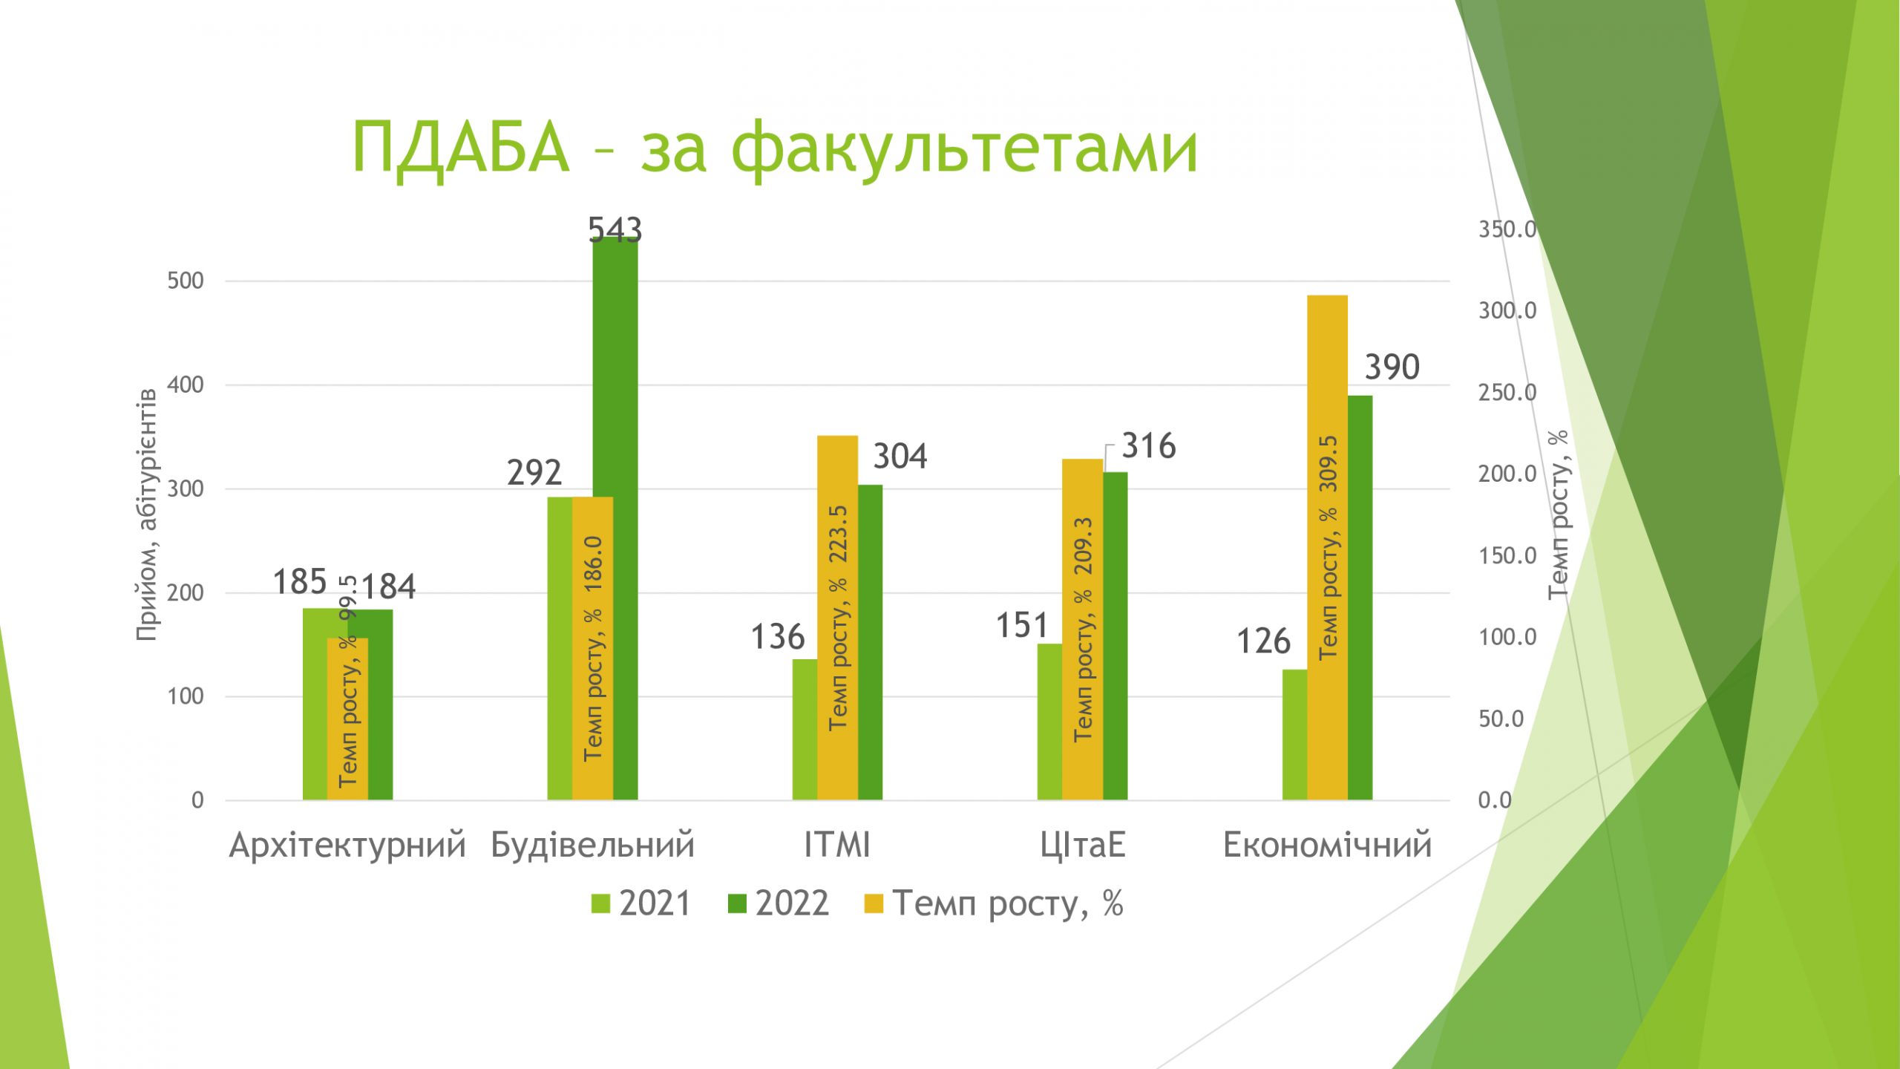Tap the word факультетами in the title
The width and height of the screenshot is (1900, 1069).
click(964, 148)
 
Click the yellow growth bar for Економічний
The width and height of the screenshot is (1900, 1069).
click(1327, 547)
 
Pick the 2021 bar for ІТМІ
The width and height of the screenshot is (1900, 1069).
click(805, 729)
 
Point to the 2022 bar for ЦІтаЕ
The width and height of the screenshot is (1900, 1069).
click(1115, 635)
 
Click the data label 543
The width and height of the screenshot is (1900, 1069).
click(615, 230)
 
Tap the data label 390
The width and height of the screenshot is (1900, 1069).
click(1392, 367)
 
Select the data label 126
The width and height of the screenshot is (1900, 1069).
click(1263, 641)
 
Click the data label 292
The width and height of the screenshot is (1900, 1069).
click(534, 473)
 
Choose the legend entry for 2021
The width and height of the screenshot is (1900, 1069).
click(641, 903)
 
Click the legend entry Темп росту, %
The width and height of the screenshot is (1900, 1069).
click(994, 903)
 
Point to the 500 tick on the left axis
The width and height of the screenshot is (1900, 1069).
click(186, 281)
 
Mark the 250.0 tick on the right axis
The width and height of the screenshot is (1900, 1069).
click(1507, 392)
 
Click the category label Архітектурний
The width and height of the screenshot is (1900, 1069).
click(347, 846)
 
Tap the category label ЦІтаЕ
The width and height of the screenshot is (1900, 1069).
click(1083, 846)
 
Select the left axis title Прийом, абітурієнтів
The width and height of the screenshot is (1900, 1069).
click(146, 514)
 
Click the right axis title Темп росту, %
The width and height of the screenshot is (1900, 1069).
click(1559, 514)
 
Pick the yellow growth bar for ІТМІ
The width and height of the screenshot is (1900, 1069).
click(837, 618)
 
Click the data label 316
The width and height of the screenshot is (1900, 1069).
click(1149, 446)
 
